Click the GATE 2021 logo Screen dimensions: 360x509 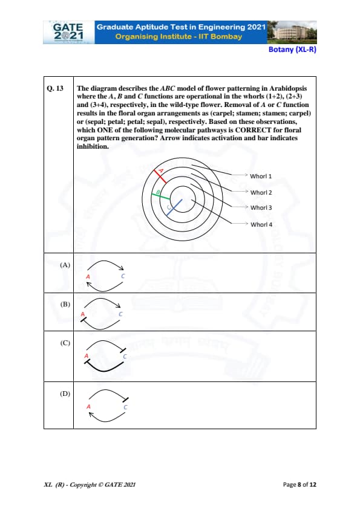pyautogui.click(x=68, y=32)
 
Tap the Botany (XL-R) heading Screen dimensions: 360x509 pyautogui.click(x=292, y=50)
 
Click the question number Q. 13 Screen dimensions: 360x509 pyautogui.click(x=55, y=88)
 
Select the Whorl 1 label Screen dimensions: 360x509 pyautogui.click(x=261, y=177)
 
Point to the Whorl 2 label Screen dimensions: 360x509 pyautogui.click(x=261, y=192)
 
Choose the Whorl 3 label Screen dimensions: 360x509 pyautogui.click(x=261, y=208)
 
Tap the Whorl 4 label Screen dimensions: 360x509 pyautogui.click(x=261, y=224)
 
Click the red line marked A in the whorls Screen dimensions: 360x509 pyautogui.click(x=160, y=177)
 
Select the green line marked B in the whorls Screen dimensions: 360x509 pyautogui.click(x=160, y=196)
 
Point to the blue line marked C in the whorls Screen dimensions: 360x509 pyautogui.click(x=174, y=208)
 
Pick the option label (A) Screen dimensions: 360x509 pyautogui.click(x=65, y=265)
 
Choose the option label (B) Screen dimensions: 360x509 pyautogui.click(x=65, y=304)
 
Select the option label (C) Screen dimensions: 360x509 pyautogui.click(x=65, y=343)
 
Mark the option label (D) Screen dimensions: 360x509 pyautogui.click(x=65, y=394)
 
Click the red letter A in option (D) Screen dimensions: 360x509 pyautogui.click(x=88, y=406)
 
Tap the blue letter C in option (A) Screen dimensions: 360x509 pyautogui.click(x=123, y=276)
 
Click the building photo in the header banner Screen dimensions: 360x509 pyautogui.click(x=292, y=32)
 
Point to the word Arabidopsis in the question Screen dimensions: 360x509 pyautogui.click(x=288, y=88)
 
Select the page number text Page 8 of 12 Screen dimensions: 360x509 pyautogui.click(x=299, y=485)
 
